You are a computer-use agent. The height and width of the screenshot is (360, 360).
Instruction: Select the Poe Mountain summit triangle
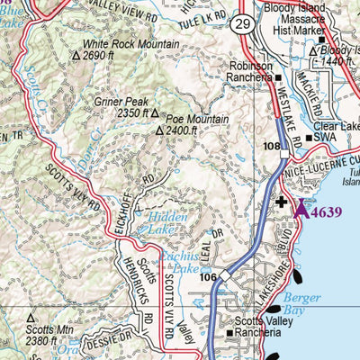tap(159, 131)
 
